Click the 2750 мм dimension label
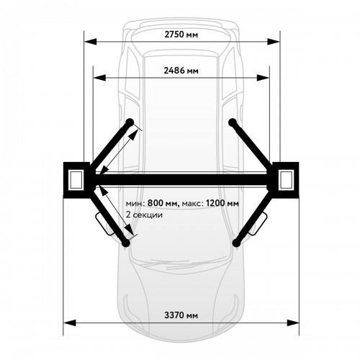[181, 35]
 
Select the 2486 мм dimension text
[181, 71]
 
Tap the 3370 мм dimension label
[181, 315]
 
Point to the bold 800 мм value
[163, 203]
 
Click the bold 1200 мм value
[222, 203]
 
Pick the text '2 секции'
[144, 215]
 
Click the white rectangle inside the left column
[76, 179]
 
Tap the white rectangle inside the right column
[287, 179]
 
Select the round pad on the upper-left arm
[130, 122]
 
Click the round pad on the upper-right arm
[232, 122]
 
